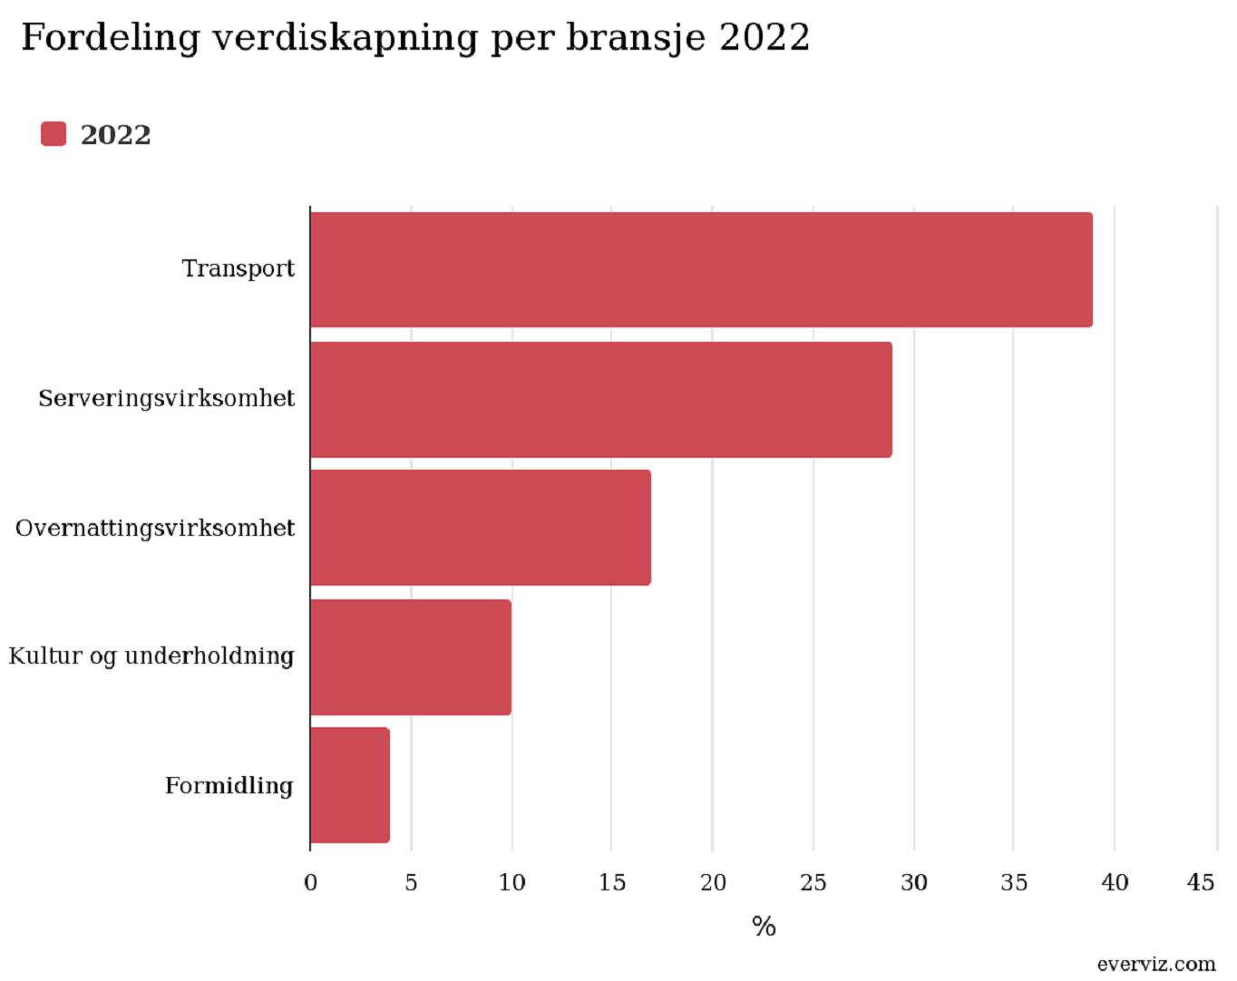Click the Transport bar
(701, 269)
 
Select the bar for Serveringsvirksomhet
(601, 400)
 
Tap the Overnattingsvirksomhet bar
(481, 528)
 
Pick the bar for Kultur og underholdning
(411, 657)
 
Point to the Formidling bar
(350, 785)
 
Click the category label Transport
(238, 269)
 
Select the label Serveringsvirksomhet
(167, 398)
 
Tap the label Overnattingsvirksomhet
(155, 529)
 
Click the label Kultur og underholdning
(151, 656)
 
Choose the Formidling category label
(229, 785)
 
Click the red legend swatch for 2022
(54, 134)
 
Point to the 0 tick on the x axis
(310, 882)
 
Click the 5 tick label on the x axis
(411, 882)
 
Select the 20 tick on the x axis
(713, 882)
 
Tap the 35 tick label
(1014, 882)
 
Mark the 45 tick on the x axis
(1201, 882)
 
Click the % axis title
(764, 927)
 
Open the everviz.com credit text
(1156, 964)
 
